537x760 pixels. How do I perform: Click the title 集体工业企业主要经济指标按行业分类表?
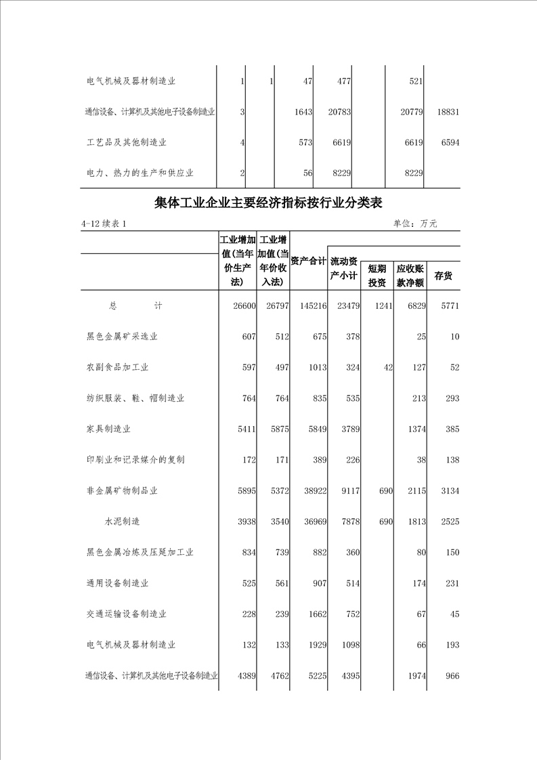[x=269, y=203]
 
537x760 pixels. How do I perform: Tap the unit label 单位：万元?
[x=414, y=224]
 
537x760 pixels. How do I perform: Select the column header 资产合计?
[x=308, y=261]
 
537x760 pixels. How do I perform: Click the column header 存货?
[x=444, y=276]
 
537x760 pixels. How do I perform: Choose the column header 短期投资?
[x=377, y=276]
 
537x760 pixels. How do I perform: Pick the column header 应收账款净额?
[x=410, y=276]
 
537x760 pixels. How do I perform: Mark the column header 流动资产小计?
[x=343, y=268]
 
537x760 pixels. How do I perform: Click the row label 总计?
[x=135, y=306]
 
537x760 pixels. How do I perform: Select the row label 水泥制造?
[x=122, y=522]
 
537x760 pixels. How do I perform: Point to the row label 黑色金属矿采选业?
[x=122, y=337]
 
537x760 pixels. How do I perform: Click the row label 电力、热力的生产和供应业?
[x=140, y=173]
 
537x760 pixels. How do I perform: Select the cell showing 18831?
[x=448, y=112]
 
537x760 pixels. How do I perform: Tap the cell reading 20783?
[x=338, y=112]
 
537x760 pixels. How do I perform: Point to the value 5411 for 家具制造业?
[x=244, y=429]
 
